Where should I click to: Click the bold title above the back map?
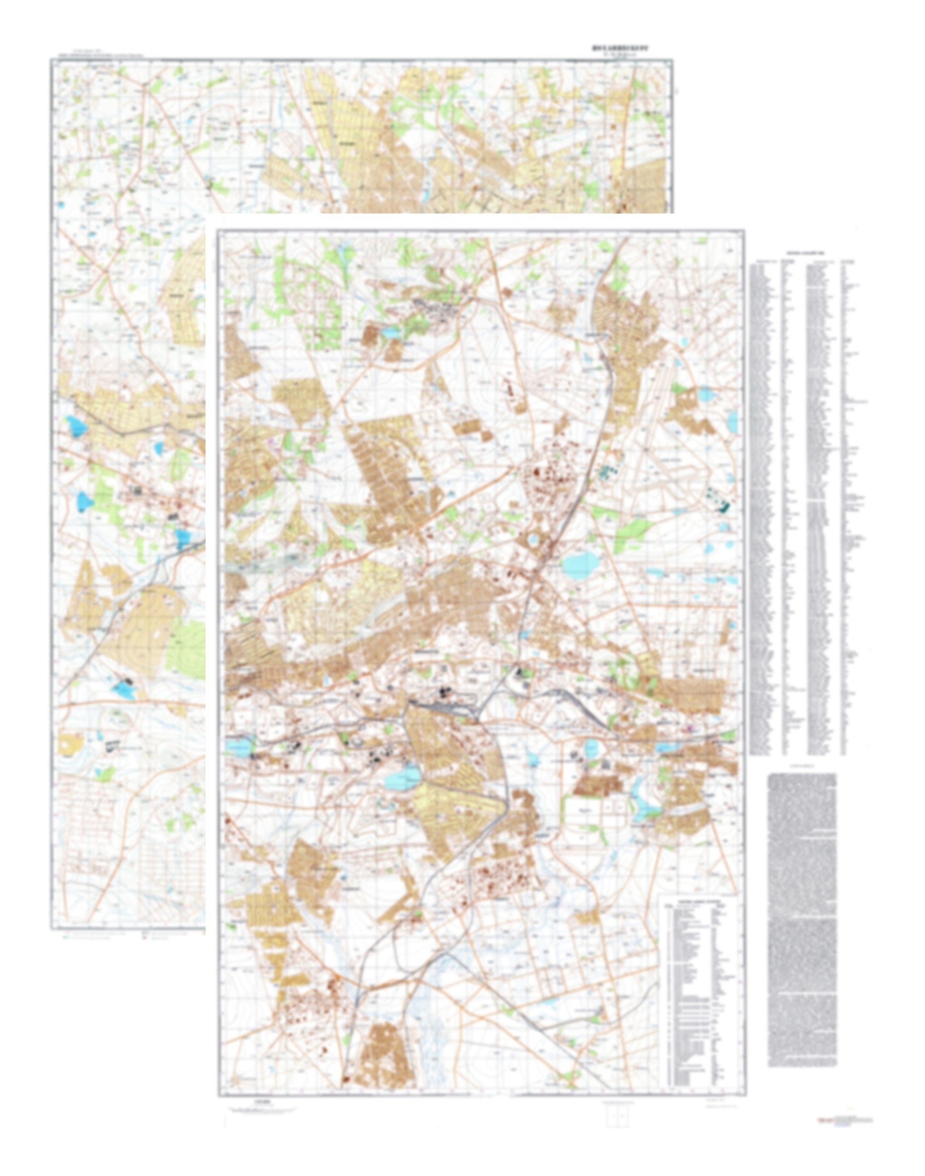[x=620, y=48]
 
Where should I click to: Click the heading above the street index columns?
[x=805, y=253]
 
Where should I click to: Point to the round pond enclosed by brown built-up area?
[x=533, y=539]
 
